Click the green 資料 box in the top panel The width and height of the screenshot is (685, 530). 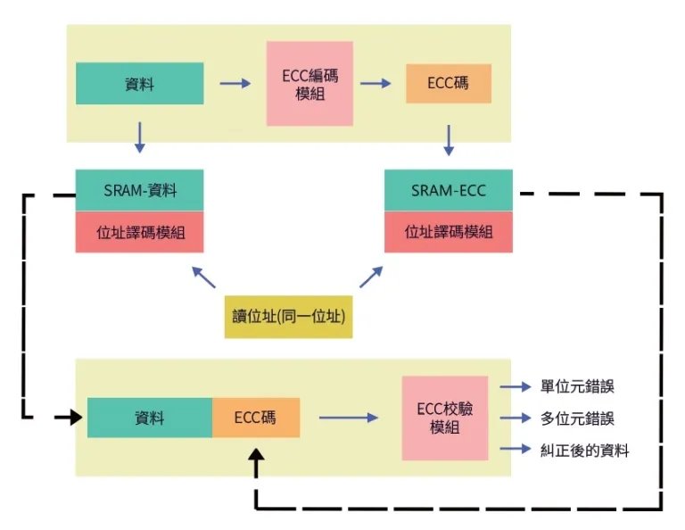[x=140, y=84]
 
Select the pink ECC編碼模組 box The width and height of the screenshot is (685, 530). [x=309, y=84]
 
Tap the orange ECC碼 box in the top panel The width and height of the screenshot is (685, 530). [x=449, y=84]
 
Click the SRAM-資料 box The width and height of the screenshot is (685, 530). [x=140, y=190]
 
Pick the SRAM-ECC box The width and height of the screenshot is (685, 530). [x=449, y=190]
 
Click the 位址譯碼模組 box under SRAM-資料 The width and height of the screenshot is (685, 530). [x=140, y=232]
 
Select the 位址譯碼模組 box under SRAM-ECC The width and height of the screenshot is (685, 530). [x=449, y=232]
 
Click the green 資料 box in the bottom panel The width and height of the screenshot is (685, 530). [x=150, y=417]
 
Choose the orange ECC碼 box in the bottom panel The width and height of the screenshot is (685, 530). [x=255, y=417]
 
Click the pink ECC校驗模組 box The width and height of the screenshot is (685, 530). [x=444, y=418]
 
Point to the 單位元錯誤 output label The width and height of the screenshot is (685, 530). [x=577, y=387]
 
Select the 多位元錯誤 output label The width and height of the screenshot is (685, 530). [x=577, y=418]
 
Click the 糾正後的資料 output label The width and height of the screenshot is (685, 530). [x=584, y=451]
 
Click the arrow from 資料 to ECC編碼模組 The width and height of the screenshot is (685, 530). [x=235, y=84]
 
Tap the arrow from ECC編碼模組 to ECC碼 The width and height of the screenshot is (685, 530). [x=376, y=84]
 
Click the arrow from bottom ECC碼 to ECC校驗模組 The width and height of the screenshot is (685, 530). [x=349, y=417]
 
